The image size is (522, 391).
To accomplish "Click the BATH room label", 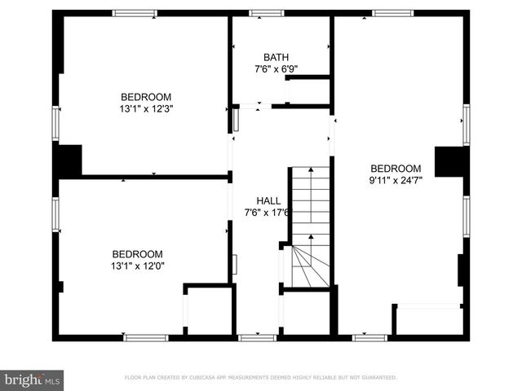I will tap(275, 57).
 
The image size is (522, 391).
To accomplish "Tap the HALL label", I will tap(268, 200).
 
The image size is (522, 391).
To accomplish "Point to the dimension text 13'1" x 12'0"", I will tap(137, 266).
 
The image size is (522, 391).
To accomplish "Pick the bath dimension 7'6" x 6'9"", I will tap(276, 69).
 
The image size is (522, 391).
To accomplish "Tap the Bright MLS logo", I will tap(32, 379).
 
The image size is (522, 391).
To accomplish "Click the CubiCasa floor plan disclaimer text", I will tap(260, 378).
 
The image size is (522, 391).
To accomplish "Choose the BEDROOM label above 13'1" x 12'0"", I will tap(137, 253).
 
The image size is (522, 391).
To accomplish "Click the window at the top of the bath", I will tap(266, 13).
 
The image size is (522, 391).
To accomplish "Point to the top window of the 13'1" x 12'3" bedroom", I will tap(135, 13).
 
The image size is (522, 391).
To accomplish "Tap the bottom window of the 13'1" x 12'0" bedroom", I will tap(145, 337).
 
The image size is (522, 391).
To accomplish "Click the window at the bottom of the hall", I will tap(257, 337).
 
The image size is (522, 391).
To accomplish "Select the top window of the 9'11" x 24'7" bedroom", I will tap(392, 13).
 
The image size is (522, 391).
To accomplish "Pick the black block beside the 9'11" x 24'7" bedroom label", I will tap(449, 161).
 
